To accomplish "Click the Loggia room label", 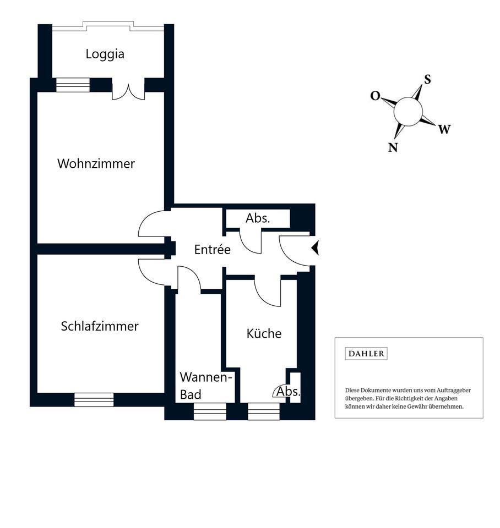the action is (105, 54).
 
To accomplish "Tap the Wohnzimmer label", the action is (96, 164).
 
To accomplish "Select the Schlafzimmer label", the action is (100, 326).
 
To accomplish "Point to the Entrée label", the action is (213, 250).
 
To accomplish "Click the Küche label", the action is (264, 333).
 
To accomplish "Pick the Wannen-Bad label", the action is (205, 386).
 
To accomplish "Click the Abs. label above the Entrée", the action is (258, 218).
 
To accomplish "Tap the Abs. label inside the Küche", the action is (288, 391).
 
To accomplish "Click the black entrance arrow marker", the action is (315, 249).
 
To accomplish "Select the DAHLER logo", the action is (366, 354).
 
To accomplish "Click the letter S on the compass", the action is (427, 79).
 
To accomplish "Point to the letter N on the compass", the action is (393, 147).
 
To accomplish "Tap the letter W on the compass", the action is (444, 129).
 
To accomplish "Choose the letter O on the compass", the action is (375, 96).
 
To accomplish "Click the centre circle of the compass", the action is (408, 112).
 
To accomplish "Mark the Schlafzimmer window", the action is (94, 400).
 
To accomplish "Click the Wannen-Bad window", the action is (210, 411).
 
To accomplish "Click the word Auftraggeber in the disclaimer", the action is (454, 391).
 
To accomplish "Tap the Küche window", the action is (264, 411).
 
